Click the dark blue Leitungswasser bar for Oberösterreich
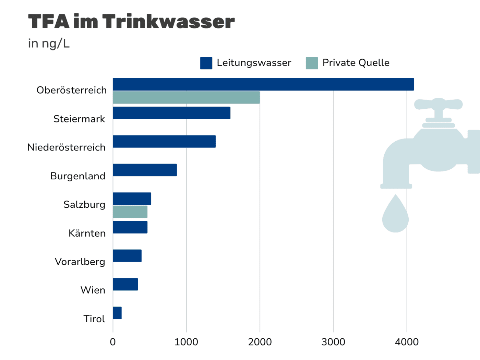tap(263, 84)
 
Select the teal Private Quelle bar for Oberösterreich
tap(186, 97)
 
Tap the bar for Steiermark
tap(171, 113)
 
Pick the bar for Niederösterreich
tap(164, 142)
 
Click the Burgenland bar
tap(145, 170)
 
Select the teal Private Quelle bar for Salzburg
tap(130, 212)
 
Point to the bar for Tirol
tap(117, 313)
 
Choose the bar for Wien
tap(125, 284)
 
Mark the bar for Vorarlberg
tap(127, 256)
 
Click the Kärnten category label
tap(87, 233)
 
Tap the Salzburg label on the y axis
tap(84, 205)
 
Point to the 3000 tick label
tap(333, 342)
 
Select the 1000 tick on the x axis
tap(186, 342)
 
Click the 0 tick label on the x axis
tap(113, 342)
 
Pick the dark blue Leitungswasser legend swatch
tap(206, 63)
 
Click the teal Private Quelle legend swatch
tap(312, 63)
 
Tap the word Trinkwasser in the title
tap(168, 22)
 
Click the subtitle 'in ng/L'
tap(49, 44)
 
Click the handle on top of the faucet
tap(438, 104)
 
